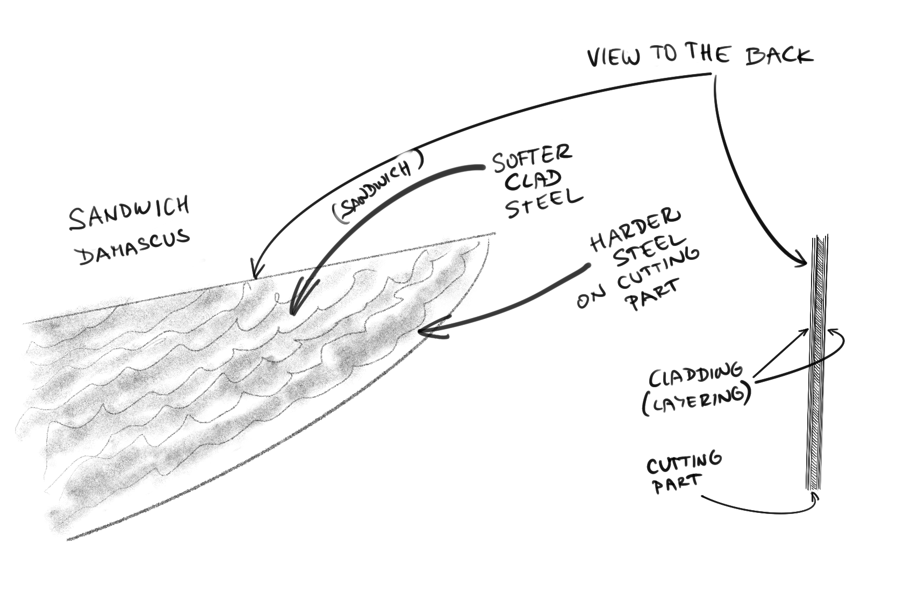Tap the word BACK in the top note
[x=779, y=55]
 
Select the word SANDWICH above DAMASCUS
[x=129, y=213]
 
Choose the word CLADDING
[x=695, y=375]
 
